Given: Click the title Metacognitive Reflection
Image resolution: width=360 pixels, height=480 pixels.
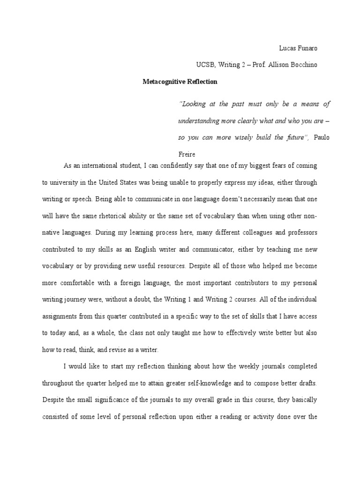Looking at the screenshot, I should click(x=180, y=81).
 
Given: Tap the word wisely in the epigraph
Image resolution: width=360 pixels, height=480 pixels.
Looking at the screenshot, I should click(x=239, y=137).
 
